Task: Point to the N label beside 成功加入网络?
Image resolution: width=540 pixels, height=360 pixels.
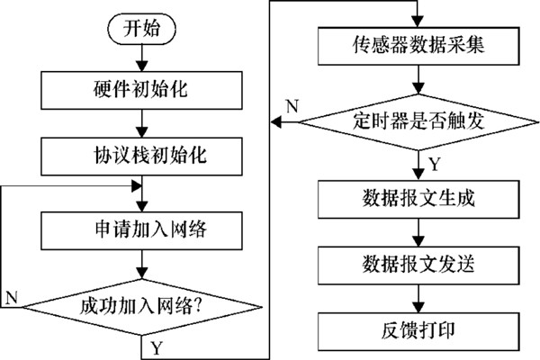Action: point(12,296)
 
